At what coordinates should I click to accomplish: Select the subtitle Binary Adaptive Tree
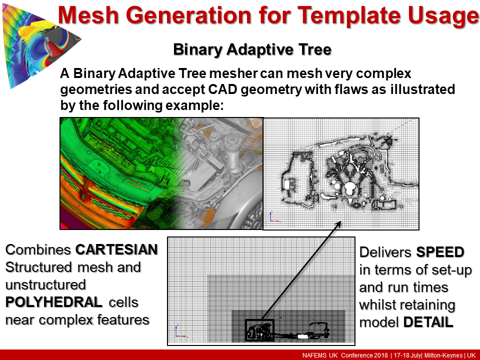(x=252, y=49)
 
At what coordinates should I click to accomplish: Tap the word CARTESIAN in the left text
(x=116, y=249)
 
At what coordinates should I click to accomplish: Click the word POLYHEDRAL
(x=54, y=302)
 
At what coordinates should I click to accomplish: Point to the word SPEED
(x=440, y=252)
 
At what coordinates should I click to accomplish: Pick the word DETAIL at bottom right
(x=428, y=322)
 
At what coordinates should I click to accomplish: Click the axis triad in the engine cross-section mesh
(x=273, y=216)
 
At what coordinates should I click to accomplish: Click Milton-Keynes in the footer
(x=443, y=355)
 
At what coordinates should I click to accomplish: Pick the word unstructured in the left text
(x=45, y=284)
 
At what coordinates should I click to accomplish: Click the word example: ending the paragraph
(x=194, y=106)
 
